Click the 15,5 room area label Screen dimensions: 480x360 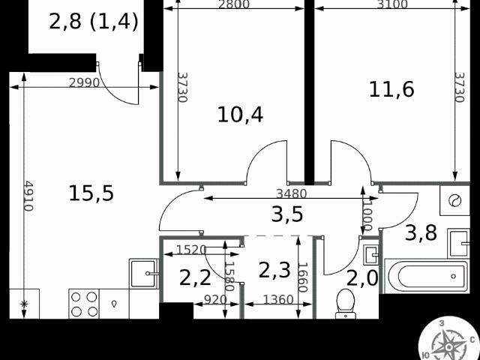[x=91, y=193]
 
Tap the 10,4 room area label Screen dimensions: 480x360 [x=240, y=115]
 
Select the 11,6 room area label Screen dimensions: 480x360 [x=391, y=89]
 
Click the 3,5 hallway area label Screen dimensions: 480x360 [x=287, y=214]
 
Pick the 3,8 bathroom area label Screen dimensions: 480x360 [x=421, y=232]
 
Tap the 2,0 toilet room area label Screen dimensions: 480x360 [x=362, y=278]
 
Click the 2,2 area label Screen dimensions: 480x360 [x=195, y=278]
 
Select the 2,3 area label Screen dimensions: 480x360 [x=274, y=270]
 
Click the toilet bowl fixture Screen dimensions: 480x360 [x=345, y=303]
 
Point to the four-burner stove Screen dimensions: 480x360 [x=84, y=304]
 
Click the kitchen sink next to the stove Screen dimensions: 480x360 [x=144, y=273]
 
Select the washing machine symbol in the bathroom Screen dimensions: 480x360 [x=454, y=200]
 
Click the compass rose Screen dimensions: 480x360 [x=448, y=339]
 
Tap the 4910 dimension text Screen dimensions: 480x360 [x=28, y=196]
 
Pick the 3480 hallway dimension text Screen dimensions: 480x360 [x=291, y=193]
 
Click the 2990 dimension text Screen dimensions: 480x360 [x=84, y=82]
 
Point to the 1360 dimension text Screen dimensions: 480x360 [x=278, y=299]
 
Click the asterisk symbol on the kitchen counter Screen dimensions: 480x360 [x=24, y=304]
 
